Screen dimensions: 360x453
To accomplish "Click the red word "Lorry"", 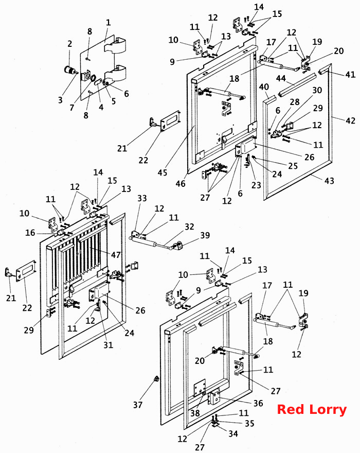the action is [x=328, y=410].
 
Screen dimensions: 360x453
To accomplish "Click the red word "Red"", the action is [x=291, y=409].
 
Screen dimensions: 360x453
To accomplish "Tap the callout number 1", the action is [x=109, y=22].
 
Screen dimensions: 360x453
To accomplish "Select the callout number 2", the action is [x=70, y=44].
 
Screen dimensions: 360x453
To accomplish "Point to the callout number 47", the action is [x=116, y=255].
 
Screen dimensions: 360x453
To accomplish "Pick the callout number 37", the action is [x=138, y=405].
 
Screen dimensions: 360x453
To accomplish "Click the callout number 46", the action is [x=181, y=183].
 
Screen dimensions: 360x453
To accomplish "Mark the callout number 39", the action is [x=205, y=235].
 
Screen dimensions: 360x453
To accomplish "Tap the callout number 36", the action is [x=258, y=403].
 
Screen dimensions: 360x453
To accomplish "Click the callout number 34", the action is [x=233, y=433].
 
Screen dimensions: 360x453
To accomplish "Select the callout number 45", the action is [x=163, y=172].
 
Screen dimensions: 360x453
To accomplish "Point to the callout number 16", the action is [x=30, y=233].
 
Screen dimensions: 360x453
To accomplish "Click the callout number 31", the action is [x=109, y=345].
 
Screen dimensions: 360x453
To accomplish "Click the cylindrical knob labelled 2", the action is [x=69, y=70].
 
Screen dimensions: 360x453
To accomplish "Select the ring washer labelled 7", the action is [x=94, y=79].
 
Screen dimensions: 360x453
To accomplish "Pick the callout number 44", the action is [x=281, y=78].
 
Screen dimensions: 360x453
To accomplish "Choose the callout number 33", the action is [x=142, y=198].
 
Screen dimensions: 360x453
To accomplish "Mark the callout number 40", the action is [x=264, y=86].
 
